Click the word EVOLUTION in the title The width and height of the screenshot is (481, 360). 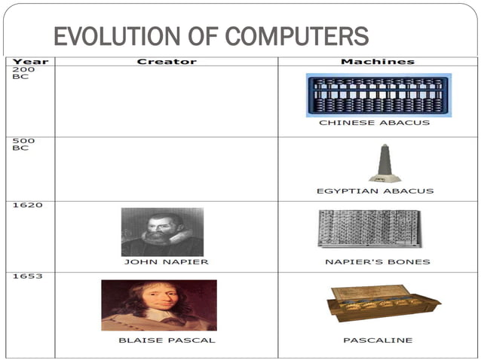pos(100,36)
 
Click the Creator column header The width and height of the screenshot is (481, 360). pos(167,61)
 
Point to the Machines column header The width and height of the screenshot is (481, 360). pos(378,61)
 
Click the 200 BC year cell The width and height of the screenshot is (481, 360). pos(20,74)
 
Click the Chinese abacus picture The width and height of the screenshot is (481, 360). pos(378,95)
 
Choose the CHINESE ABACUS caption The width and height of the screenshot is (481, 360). pos(375,123)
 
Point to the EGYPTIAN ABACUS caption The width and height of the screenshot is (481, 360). pos(375,191)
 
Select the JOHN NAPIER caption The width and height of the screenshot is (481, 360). pos(167,262)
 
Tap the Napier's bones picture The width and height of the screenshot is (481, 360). pos(369,228)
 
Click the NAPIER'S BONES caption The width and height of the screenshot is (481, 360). pos(375,262)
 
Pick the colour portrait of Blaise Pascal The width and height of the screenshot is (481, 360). pos(159,305)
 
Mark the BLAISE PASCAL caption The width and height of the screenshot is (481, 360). pos(167,340)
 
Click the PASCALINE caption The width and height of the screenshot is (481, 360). pos(378,340)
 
